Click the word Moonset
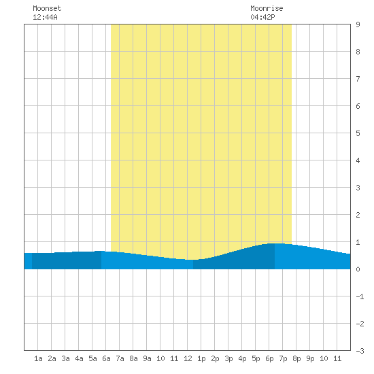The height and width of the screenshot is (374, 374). (x=47, y=8)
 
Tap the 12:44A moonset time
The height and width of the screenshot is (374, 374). (x=45, y=17)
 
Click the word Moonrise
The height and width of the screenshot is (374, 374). (x=267, y=8)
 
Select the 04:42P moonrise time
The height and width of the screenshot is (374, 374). (x=262, y=17)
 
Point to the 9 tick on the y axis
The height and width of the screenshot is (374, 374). (x=358, y=24)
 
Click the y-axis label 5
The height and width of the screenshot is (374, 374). (x=358, y=133)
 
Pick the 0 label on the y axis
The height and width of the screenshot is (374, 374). (x=358, y=269)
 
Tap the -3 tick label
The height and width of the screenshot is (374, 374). (x=360, y=351)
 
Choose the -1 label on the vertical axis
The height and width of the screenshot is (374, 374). (x=360, y=296)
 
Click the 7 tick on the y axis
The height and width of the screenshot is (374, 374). (x=358, y=79)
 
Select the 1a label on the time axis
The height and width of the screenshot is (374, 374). (x=38, y=358)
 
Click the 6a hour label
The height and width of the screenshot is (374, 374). (x=106, y=358)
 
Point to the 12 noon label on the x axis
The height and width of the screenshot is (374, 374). (x=188, y=358)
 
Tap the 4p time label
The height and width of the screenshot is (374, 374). (x=242, y=359)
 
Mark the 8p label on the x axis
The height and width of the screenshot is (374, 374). (x=296, y=359)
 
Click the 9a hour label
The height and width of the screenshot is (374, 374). (x=147, y=358)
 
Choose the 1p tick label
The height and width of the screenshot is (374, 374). (x=201, y=359)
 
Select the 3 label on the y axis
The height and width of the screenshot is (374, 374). (x=358, y=188)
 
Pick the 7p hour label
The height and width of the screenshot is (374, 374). (x=283, y=359)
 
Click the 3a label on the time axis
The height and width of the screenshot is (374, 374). (x=65, y=358)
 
